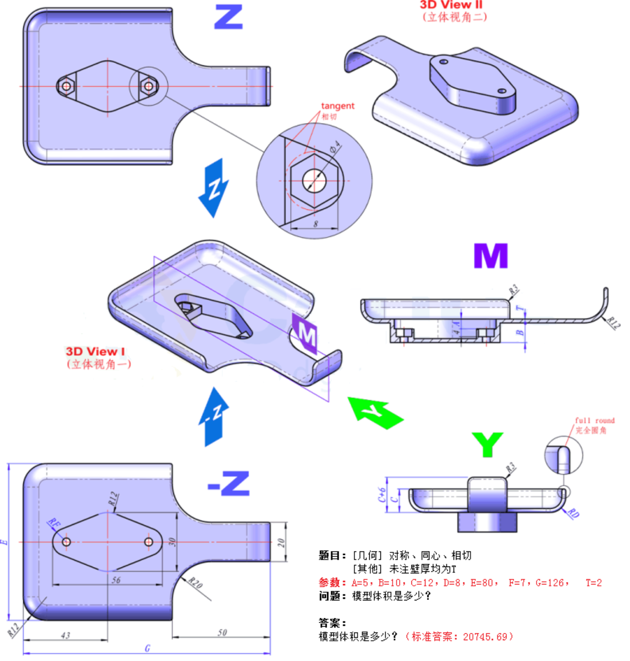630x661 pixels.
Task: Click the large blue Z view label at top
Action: (x=228, y=17)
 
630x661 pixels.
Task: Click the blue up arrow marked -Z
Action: (x=214, y=416)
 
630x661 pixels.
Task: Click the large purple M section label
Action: (x=490, y=256)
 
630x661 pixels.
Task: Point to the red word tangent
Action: (x=337, y=106)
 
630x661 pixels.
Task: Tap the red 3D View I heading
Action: (x=95, y=351)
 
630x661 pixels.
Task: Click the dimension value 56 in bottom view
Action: (x=116, y=580)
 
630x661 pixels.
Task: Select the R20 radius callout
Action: (x=195, y=582)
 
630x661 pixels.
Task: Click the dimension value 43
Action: (x=65, y=635)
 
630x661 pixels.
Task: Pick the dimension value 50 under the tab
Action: (x=222, y=632)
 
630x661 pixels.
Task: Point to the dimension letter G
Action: (x=147, y=648)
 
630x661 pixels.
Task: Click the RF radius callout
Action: (x=54, y=523)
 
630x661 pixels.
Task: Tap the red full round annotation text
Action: (x=595, y=421)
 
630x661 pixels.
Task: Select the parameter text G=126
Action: (x=551, y=583)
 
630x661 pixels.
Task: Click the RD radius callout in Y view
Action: (x=573, y=513)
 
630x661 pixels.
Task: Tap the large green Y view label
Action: (x=487, y=444)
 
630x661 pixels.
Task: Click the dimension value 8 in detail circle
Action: (x=316, y=224)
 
